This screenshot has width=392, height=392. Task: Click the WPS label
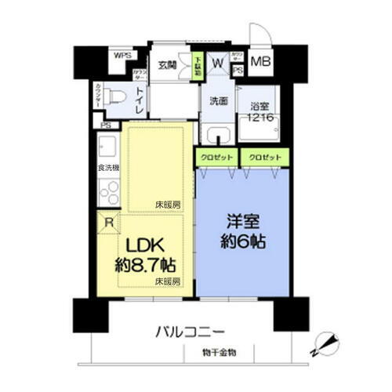(122, 56)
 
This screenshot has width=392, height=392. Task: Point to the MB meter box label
(261, 60)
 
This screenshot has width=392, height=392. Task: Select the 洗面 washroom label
(219, 100)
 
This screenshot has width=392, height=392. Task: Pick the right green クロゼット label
(264, 157)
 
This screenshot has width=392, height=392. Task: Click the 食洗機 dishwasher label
(108, 169)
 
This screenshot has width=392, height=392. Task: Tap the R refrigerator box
(107, 223)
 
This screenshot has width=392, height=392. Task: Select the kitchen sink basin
(107, 147)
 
